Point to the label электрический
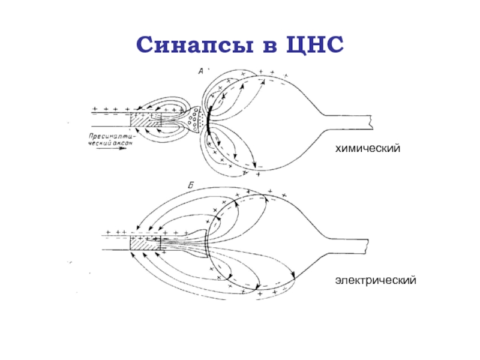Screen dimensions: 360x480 point(376,280)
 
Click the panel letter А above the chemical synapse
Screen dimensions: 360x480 point(202,71)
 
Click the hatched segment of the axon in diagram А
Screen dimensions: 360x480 point(146,119)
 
